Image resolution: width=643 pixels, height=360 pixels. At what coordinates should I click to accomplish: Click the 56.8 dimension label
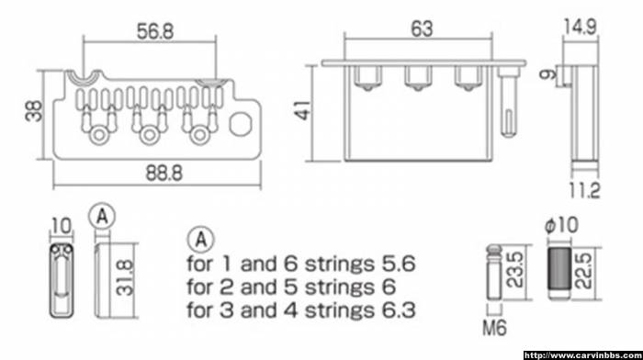(155, 31)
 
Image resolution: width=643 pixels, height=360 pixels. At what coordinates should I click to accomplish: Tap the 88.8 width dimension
(164, 174)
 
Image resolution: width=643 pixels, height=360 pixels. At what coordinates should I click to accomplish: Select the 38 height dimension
(34, 111)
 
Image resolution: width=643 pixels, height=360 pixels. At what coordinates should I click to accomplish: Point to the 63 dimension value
(422, 28)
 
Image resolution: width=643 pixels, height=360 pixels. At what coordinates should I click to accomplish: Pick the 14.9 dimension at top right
(580, 27)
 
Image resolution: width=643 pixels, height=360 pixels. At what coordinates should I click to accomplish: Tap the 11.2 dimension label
(584, 190)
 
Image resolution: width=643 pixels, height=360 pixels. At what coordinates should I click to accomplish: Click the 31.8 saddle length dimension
(125, 277)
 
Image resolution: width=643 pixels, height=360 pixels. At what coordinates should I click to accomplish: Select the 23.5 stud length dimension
(515, 269)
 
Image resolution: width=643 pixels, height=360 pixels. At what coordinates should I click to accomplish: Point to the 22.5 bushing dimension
(584, 271)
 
